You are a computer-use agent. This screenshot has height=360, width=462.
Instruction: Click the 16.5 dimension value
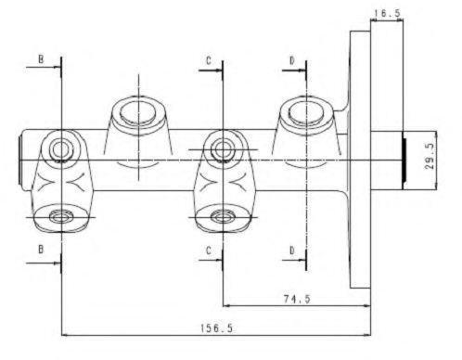tap(387, 13)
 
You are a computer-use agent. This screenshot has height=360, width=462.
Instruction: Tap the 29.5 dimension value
tap(430, 156)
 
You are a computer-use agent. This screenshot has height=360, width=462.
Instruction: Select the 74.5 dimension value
tap(297, 299)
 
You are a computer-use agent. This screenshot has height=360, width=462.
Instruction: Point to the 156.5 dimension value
tap(216, 328)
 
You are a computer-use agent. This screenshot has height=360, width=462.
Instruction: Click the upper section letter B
tap(41, 59)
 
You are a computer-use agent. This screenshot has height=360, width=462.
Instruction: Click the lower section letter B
tap(41, 249)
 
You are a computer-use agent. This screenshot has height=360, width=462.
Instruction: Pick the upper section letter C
tap(209, 60)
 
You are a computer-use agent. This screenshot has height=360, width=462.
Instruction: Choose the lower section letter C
tap(209, 251)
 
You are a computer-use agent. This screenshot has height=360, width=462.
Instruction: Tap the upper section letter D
tap(292, 60)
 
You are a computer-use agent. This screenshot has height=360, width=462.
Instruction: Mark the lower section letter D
tap(292, 251)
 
